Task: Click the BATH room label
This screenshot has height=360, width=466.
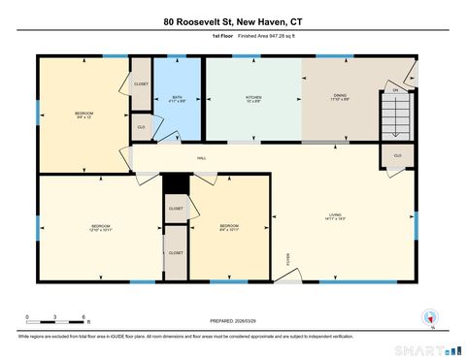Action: (x=177, y=97)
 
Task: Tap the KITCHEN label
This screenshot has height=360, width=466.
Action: (x=252, y=97)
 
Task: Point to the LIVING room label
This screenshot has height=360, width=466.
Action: (x=337, y=216)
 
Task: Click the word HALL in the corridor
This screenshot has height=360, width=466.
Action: (x=201, y=158)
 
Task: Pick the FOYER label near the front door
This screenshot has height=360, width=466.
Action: (x=287, y=258)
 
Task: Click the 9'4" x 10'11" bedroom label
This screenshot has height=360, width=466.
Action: (x=228, y=228)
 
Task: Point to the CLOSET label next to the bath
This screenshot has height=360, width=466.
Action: (x=141, y=83)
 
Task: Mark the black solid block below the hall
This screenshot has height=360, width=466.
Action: (x=175, y=183)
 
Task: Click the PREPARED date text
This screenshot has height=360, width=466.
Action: (x=232, y=319)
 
